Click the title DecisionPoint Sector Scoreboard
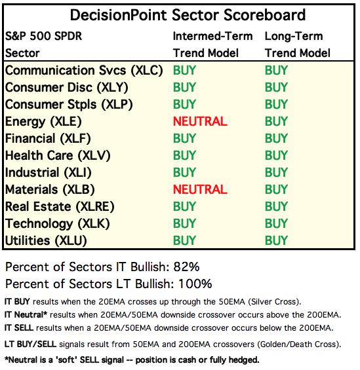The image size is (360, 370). (188, 15)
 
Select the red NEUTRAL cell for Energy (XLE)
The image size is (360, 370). (200, 121)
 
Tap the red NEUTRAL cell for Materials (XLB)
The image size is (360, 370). (200, 189)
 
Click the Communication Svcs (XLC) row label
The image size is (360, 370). (84, 71)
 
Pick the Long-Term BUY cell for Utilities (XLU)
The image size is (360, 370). (276, 240)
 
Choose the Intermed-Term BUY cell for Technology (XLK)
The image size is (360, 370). (184, 223)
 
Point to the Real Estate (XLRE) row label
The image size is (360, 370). (60, 206)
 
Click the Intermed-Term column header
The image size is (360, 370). (213, 36)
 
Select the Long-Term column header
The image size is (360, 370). (294, 36)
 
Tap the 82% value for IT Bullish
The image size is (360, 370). (187, 267)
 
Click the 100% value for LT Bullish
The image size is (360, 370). (195, 284)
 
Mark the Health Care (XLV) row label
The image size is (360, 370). (58, 155)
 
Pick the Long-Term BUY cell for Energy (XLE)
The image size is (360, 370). (276, 121)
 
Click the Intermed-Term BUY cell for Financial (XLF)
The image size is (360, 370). (184, 138)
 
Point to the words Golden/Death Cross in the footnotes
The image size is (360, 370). (298, 344)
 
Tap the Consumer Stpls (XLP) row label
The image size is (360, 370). (69, 105)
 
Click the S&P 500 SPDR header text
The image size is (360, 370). (43, 36)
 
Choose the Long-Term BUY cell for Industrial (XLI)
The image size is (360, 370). (276, 172)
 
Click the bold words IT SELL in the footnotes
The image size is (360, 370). (19, 328)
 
